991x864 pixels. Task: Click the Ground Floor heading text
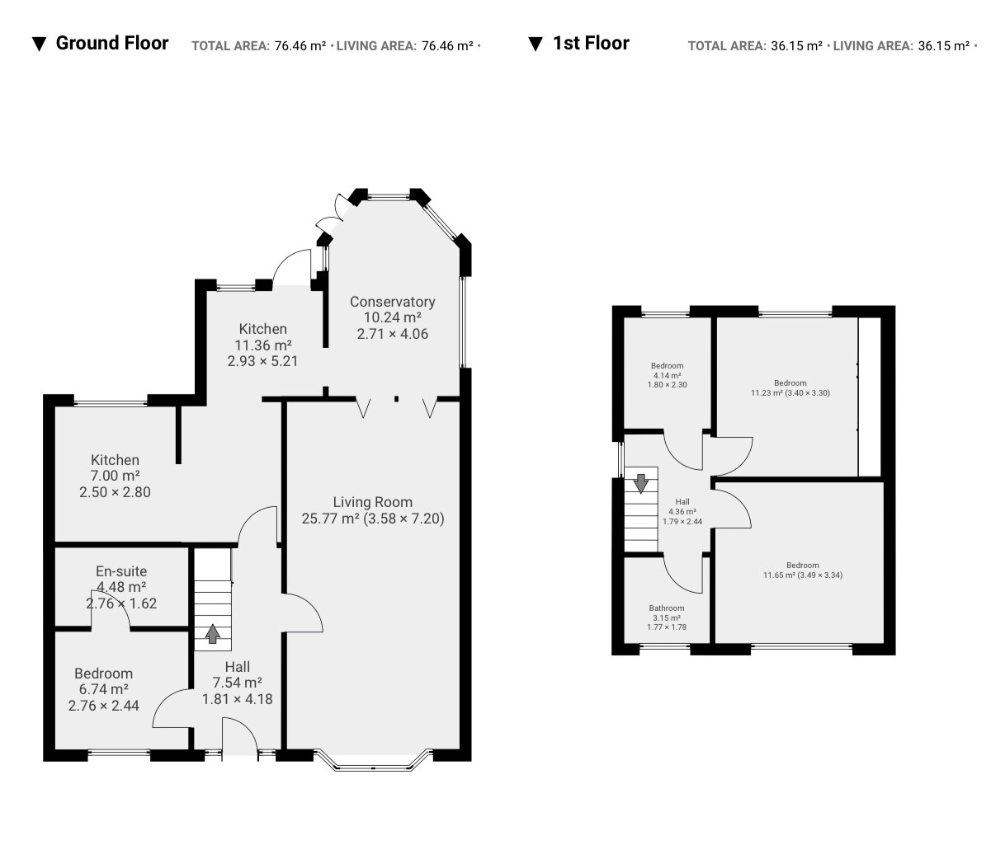112,43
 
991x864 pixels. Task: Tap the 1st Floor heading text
591,43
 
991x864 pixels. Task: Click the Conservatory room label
392,302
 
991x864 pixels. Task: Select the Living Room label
372,502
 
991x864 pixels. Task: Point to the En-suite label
121,571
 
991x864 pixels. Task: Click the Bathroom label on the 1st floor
667,608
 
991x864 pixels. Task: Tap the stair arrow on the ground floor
212,634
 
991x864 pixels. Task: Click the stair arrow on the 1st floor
641,483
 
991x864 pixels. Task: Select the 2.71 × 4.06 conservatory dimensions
392,334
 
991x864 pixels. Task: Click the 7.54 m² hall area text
238,683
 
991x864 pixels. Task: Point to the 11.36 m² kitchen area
263,345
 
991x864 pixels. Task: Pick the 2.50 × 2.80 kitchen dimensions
115,492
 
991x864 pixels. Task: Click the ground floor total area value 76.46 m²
300,46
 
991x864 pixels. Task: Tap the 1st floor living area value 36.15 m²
944,46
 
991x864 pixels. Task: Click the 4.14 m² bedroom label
667,375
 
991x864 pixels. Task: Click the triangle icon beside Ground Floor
39,44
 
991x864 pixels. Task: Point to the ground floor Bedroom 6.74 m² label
104,689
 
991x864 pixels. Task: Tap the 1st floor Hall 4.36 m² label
682,511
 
